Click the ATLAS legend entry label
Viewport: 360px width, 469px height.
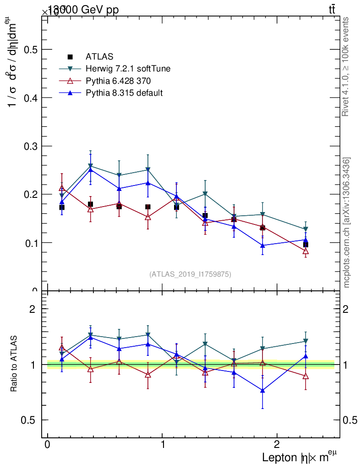pyautogui.click(x=99, y=57)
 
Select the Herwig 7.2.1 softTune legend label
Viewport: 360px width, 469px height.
pyautogui.click(x=128, y=69)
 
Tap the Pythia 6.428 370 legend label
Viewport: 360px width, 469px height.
pyautogui.click(x=118, y=81)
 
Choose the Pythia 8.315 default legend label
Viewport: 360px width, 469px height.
pyautogui.click(x=124, y=93)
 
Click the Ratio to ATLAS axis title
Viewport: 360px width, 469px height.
pyautogui.click(x=14, y=365)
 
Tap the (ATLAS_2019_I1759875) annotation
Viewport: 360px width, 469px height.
pyautogui.click(x=190, y=274)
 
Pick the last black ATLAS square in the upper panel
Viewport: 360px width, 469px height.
pyautogui.click(x=305, y=245)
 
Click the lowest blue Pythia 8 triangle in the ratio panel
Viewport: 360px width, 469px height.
pyautogui.click(x=262, y=390)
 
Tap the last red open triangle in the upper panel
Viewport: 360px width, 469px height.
pyautogui.click(x=305, y=251)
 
